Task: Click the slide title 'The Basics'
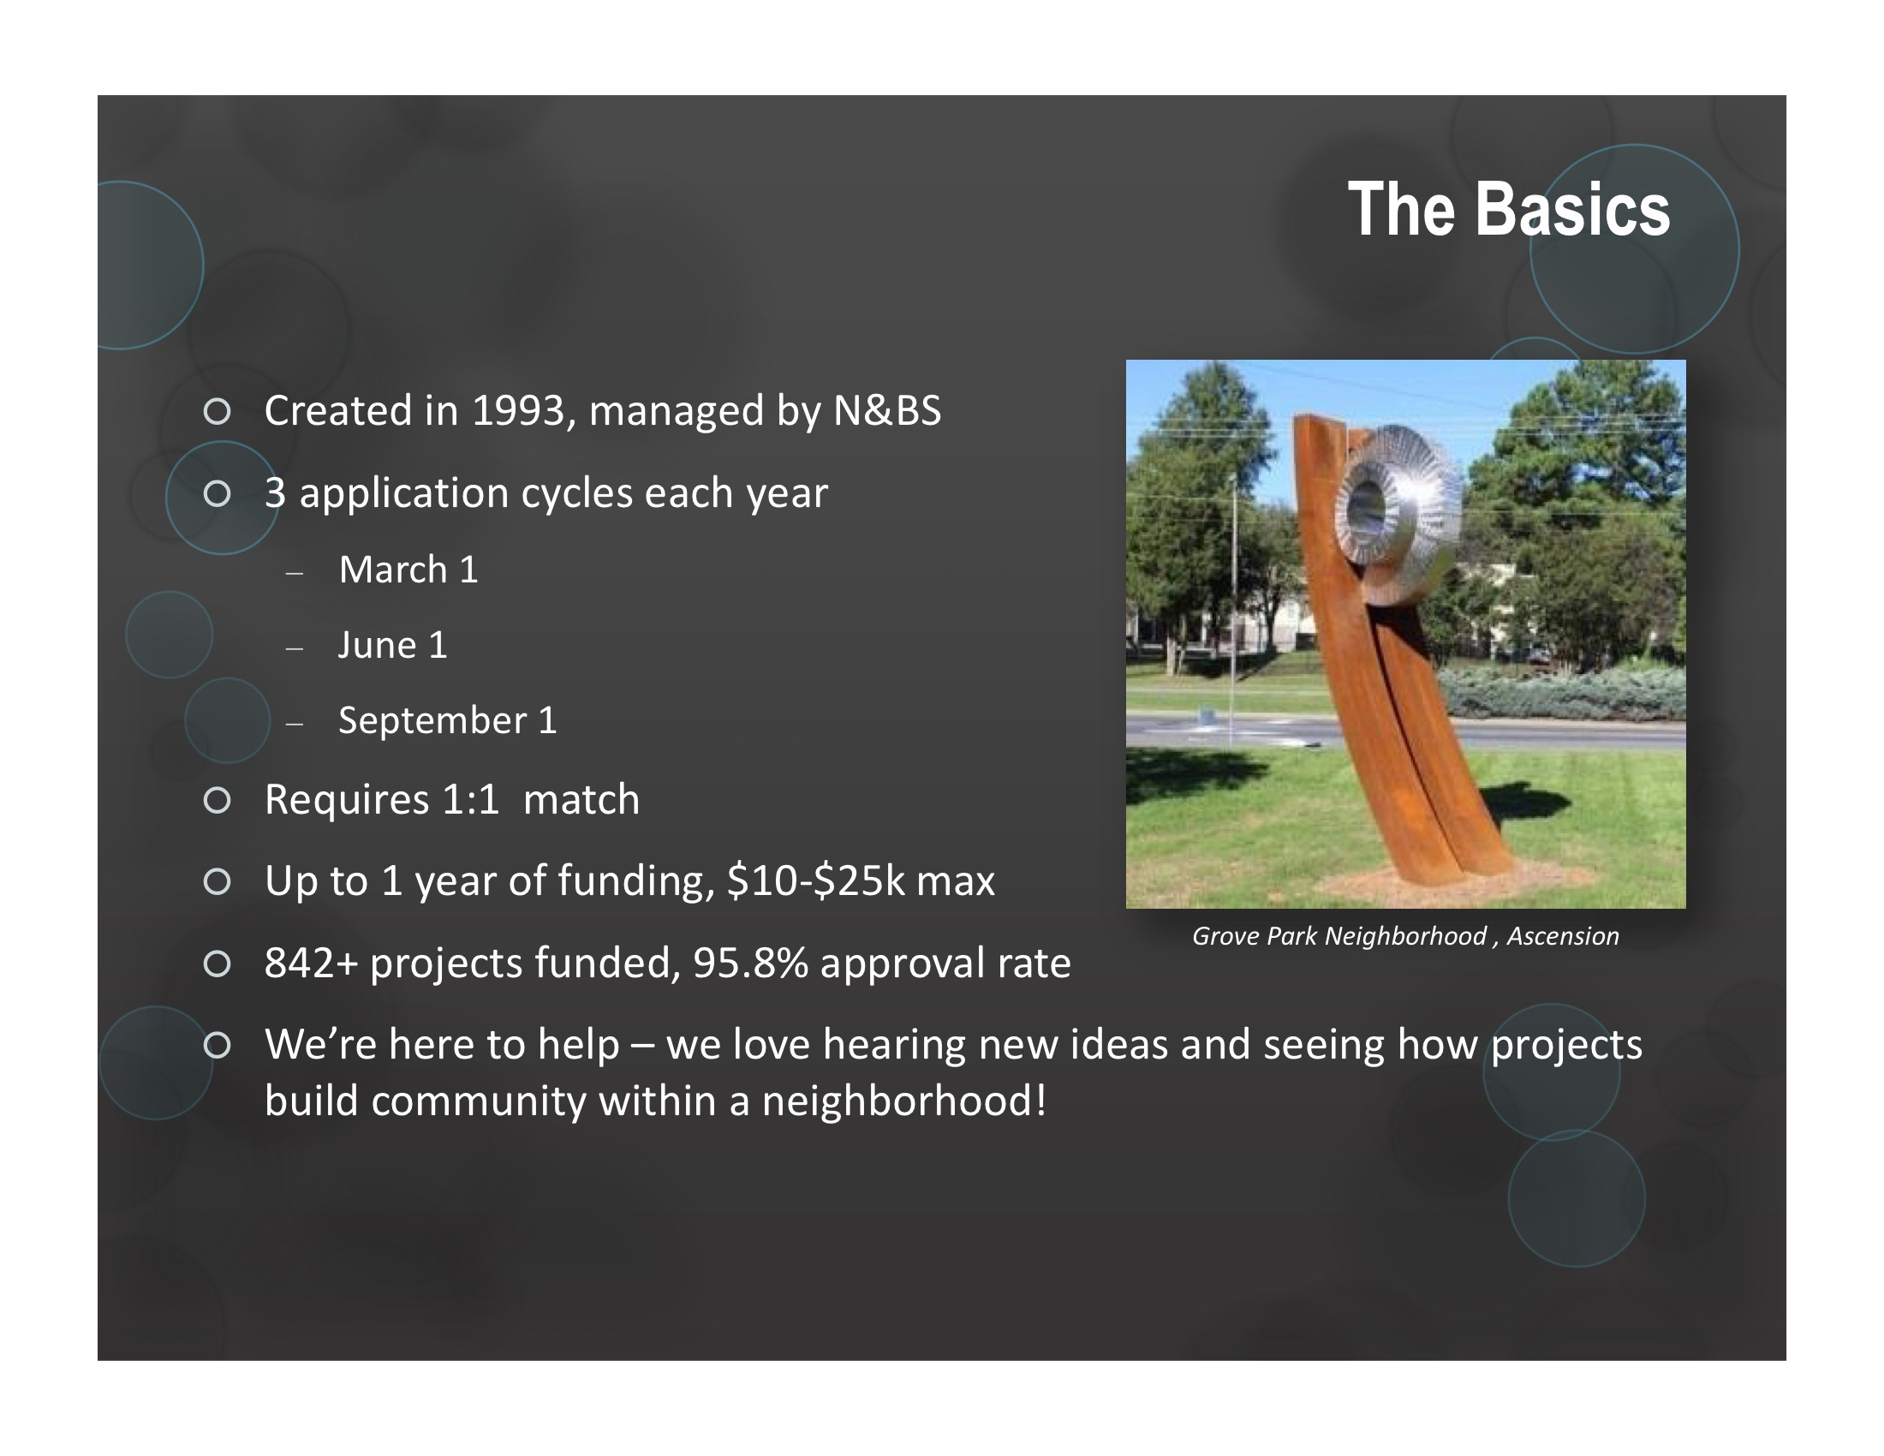[x=1509, y=210]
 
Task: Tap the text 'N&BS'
[x=887, y=410]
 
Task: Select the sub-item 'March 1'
[x=408, y=570]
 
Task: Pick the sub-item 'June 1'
[x=392, y=645]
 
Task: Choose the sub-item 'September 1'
[x=448, y=721]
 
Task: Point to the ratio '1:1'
[x=470, y=800]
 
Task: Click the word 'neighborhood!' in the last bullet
[x=904, y=1101]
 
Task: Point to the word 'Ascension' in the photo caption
[x=1562, y=936]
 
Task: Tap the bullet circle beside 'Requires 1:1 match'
[x=218, y=801]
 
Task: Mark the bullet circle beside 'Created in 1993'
[x=218, y=411]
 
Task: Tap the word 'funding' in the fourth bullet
[x=635, y=880]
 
